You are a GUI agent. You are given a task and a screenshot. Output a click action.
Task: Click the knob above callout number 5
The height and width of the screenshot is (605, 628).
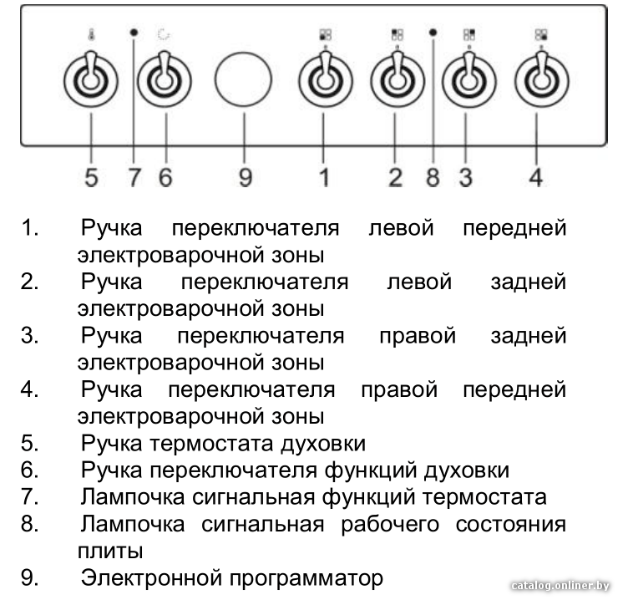tap(91, 80)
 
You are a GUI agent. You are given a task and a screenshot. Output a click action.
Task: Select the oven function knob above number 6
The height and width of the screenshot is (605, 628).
tap(165, 80)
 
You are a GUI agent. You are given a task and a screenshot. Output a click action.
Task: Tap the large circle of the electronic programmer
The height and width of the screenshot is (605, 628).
tap(243, 79)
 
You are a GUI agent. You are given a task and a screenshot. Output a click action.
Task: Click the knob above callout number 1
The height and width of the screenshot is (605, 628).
tap(325, 80)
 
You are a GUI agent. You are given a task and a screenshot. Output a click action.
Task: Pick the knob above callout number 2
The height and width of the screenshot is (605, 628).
tap(398, 80)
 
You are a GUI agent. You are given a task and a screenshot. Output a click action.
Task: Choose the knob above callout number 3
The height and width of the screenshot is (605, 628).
tap(469, 80)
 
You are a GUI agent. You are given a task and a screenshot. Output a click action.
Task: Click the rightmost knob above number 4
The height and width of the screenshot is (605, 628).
tap(541, 80)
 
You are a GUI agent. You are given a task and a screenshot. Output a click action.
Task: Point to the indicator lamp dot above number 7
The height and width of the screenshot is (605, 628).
tap(134, 33)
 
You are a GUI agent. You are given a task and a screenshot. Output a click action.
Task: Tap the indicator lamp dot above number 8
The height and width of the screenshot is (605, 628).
tap(433, 33)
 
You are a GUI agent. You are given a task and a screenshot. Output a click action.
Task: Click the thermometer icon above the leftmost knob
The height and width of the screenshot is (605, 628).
tap(91, 35)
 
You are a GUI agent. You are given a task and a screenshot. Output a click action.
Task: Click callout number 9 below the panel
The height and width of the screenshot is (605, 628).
tap(246, 177)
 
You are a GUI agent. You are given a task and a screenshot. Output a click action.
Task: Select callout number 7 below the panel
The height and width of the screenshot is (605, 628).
tap(134, 177)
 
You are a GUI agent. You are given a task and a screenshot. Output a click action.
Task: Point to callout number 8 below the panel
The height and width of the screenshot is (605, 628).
tap(433, 177)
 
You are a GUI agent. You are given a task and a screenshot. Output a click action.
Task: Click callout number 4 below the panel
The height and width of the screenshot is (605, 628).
tap(536, 177)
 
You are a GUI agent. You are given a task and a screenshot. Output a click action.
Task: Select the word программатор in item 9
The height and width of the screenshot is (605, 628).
tap(306, 578)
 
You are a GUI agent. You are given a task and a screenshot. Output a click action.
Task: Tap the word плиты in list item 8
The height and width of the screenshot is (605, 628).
tap(110, 551)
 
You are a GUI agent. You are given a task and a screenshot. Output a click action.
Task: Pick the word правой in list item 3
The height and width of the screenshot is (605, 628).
tap(418, 336)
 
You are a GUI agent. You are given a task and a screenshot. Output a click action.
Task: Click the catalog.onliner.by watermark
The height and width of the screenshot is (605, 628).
tap(560, 586)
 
